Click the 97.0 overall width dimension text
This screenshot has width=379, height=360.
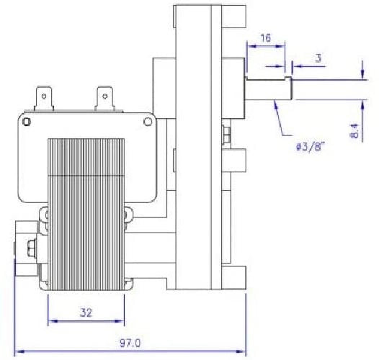coord(130,343)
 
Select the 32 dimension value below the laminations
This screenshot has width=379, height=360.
coord(86,312)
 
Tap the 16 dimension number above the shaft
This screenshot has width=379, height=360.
coord(266,37)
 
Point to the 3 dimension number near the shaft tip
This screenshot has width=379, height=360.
coord(318,58)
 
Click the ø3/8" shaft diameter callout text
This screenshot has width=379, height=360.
coord(310,146)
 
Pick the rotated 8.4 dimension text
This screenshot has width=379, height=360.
coord(355,130)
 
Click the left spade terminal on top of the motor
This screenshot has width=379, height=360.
coord(44,99)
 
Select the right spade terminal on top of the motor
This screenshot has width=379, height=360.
coord(104,99)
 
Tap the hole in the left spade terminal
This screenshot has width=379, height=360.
coord(44,96)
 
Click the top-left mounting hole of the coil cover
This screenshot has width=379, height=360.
coord(27,121)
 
